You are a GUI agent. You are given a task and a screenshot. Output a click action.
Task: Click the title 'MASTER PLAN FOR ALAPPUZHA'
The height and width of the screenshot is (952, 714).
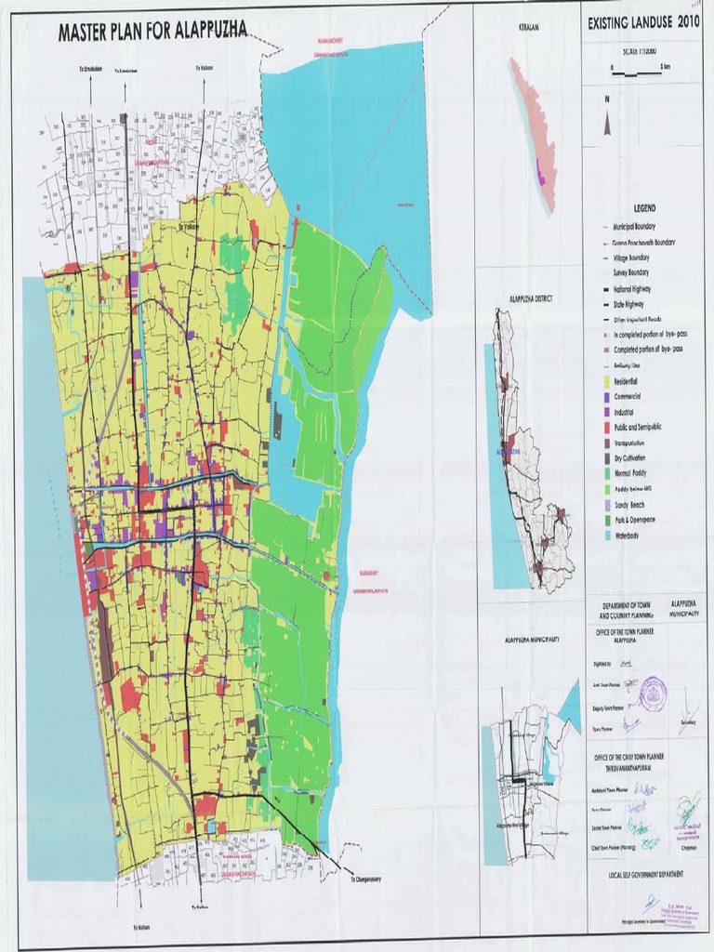[x=152, y=32]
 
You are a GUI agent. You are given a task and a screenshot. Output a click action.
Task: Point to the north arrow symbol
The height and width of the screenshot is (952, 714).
[x=607, y=122]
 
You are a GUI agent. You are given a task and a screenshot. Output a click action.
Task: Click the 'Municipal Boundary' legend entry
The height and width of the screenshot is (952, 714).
[x=640, y=226]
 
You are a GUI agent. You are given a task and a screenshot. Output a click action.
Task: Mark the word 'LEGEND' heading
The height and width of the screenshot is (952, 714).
[x=644, y=208]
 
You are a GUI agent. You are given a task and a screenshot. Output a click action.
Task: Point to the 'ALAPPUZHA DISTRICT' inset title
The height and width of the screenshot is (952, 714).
[x=531, y=298]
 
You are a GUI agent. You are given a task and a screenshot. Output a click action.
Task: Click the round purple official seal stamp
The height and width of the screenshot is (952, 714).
[x=653, y=692]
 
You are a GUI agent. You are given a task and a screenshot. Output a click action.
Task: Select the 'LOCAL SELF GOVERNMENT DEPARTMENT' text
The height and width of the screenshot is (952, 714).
[x=645, y=874]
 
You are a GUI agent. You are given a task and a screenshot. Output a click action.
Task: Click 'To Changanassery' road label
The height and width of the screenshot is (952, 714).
[x=372, y=879]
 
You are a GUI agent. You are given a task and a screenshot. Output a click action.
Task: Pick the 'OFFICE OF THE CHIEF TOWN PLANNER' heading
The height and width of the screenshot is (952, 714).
[x=642, y=757]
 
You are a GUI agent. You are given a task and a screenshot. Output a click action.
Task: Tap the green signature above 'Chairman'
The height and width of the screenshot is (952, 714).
[x=688, y=805]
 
